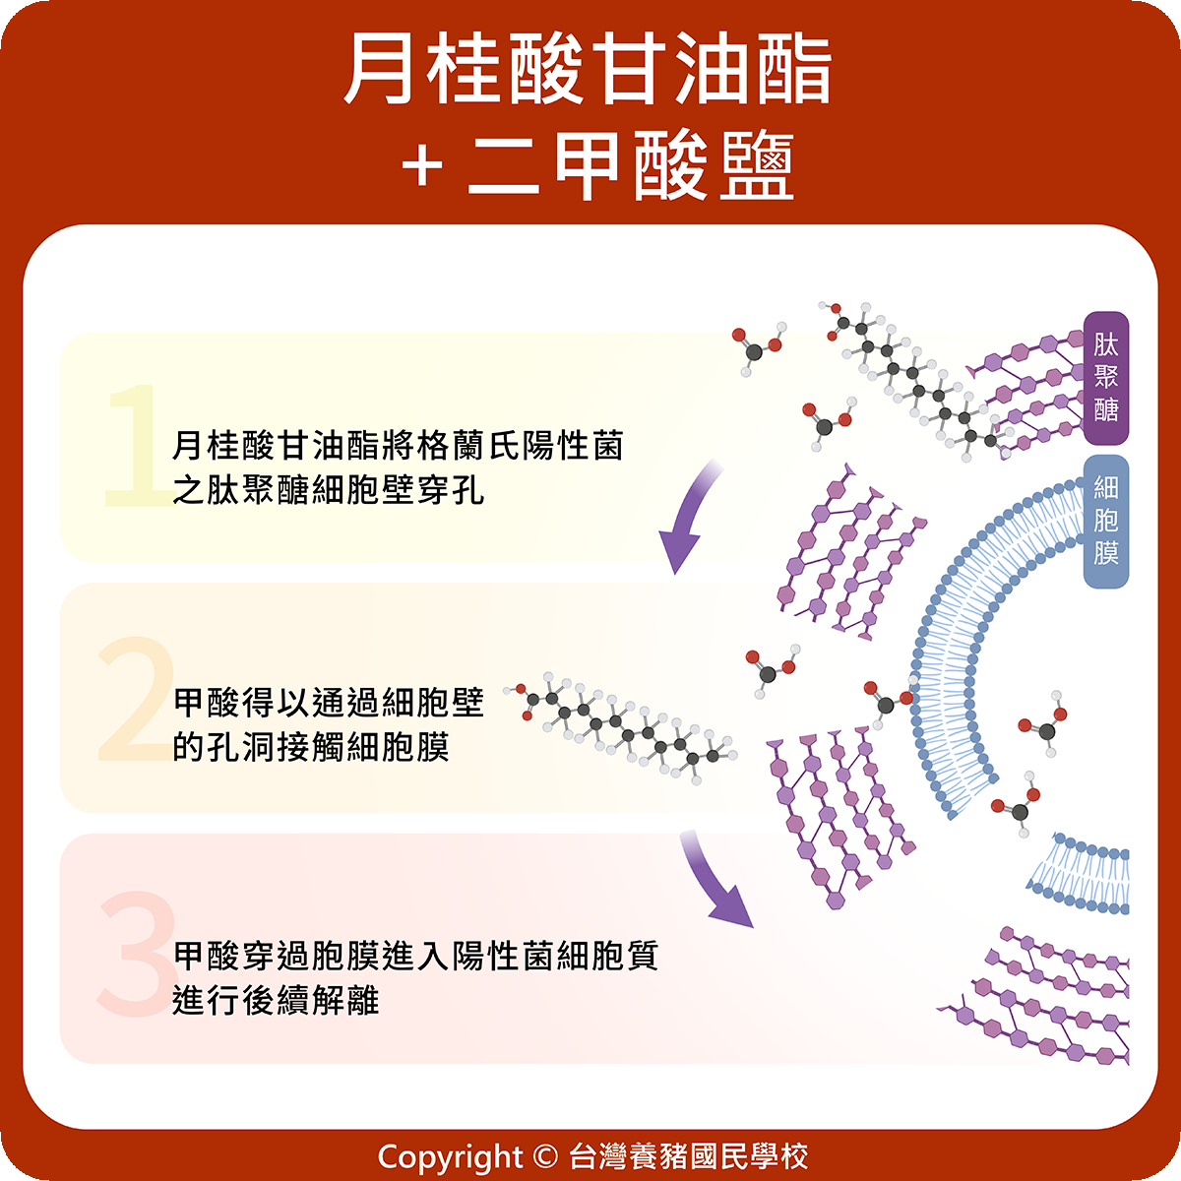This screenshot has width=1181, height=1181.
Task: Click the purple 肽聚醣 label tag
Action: point(1105,378)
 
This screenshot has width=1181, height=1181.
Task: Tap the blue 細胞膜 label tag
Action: point(1105,521)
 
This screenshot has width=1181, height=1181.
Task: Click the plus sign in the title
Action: point(421,166)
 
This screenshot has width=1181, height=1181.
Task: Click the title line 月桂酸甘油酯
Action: point(589,71)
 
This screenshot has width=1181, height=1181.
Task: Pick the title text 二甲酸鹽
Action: point(630,166)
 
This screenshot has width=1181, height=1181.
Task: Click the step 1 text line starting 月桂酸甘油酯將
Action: point(398,446)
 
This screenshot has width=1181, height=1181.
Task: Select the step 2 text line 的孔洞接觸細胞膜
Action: point(311,747)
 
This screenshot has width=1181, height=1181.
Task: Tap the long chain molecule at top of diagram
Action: point(915,379)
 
